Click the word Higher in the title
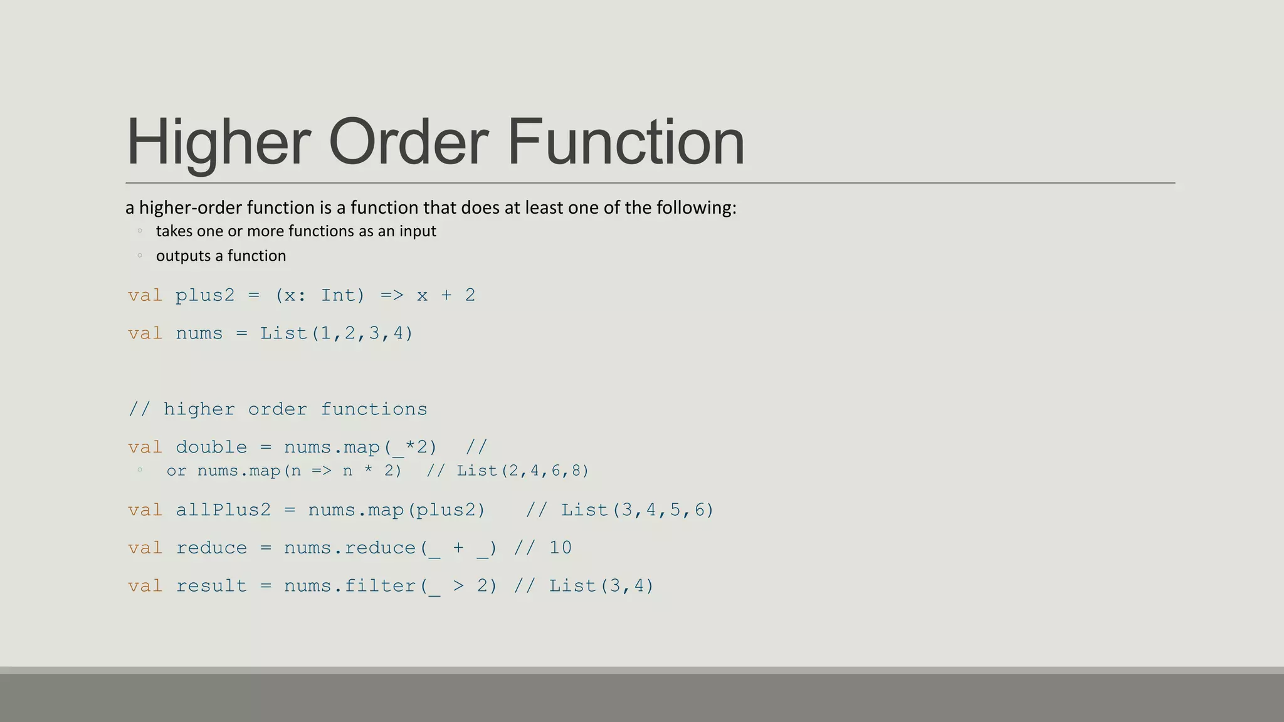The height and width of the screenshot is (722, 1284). (219, 143)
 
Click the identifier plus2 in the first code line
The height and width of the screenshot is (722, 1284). (205, 295)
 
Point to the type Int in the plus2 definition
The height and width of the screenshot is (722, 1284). (339, 295)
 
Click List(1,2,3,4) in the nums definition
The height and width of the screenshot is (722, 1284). (337, 333)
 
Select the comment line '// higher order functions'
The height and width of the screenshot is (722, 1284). (278, 409)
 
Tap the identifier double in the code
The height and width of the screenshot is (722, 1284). (211, 447)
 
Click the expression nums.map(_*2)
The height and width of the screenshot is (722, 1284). (360, 447)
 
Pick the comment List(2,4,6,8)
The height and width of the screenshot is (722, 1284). (523, 471)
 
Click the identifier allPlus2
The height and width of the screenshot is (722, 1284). (223, 510)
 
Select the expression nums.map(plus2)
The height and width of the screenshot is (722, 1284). (397, 510)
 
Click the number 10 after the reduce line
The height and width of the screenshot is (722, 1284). (560, 548)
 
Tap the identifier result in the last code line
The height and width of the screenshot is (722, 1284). (211, 586)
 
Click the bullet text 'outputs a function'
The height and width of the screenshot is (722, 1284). (221, 256)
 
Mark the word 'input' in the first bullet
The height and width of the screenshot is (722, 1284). (418, 231)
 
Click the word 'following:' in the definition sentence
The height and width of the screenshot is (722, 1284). (696, 207)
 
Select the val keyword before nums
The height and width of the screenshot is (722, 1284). (145, 333)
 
